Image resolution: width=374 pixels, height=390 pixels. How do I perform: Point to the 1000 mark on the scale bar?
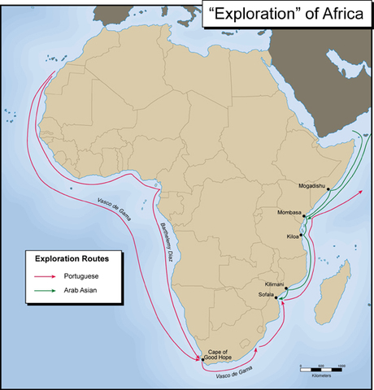341,366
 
